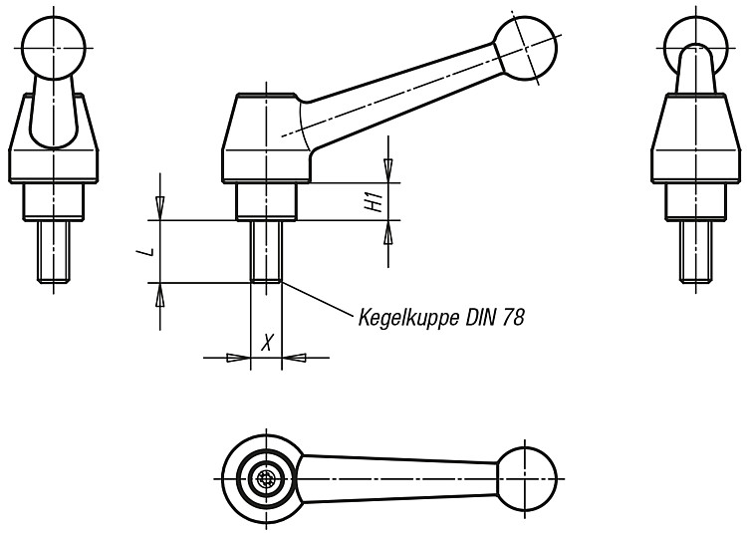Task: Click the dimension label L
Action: coord(150,251)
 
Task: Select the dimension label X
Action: coord(268,342)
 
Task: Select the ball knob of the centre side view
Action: coord(525,48)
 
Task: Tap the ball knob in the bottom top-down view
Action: coord(526,478)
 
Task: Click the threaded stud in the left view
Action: coord(54,252)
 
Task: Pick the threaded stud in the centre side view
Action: coord(266,252)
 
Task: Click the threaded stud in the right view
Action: coord(696,252)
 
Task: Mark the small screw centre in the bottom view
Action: coord(266,479)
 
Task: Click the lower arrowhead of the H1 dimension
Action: coord(388,232)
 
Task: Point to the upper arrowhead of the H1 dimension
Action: coord(388,170)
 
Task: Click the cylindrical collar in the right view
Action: coord(696,201)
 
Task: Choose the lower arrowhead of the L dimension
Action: coord(160,295)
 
